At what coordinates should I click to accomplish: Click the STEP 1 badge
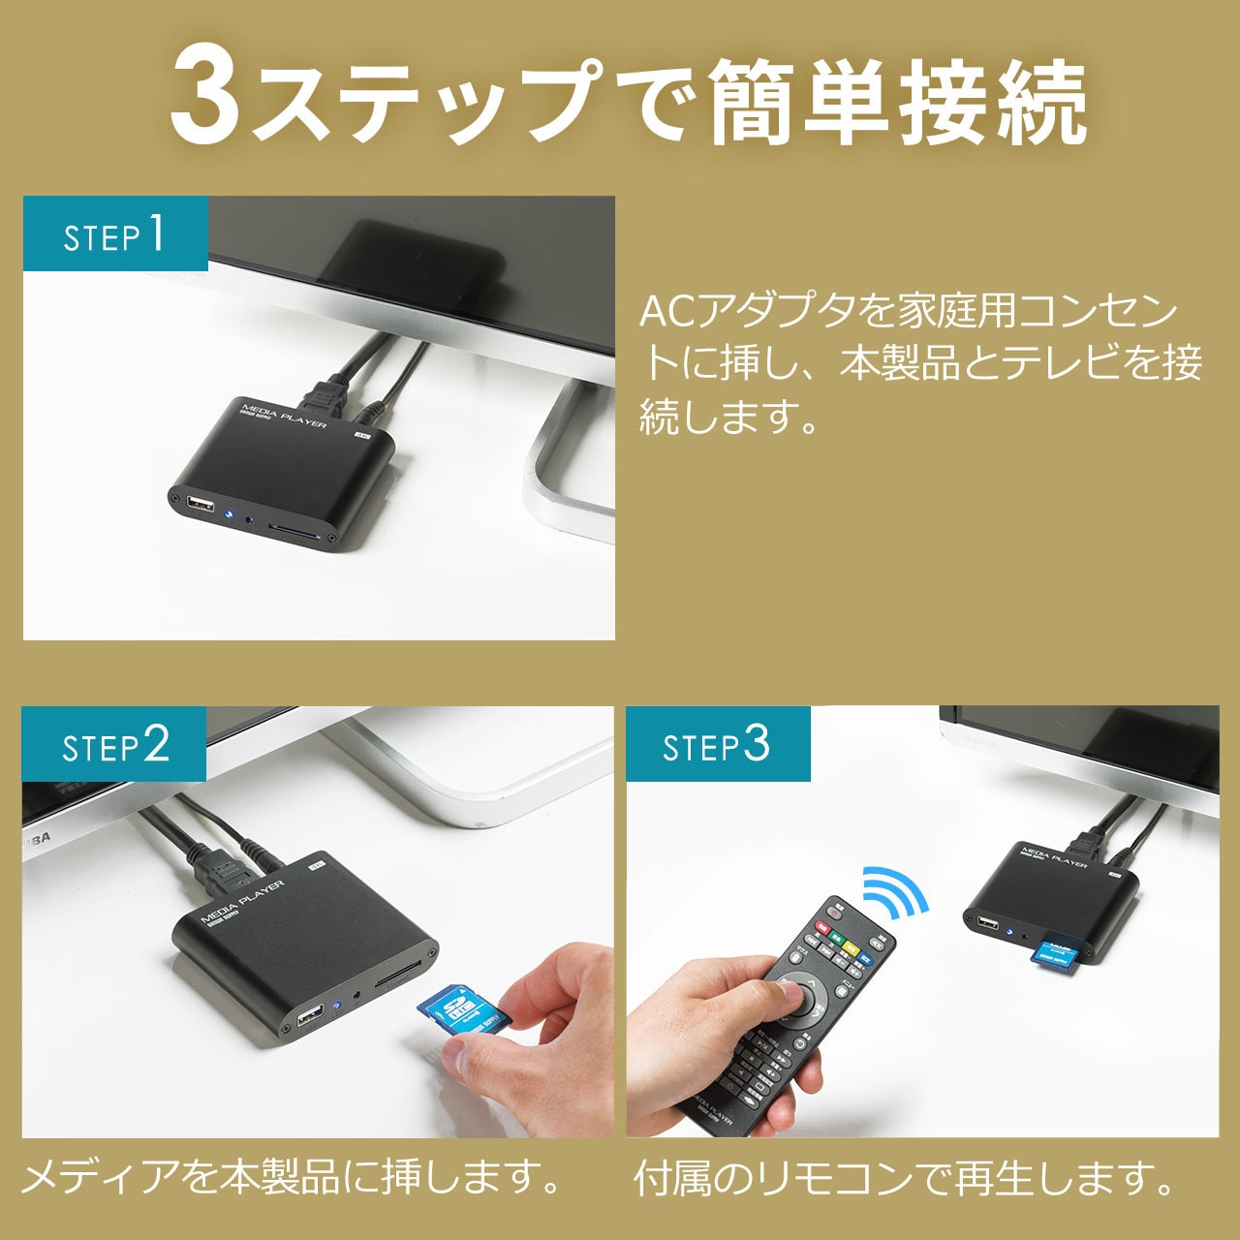pyautogui.click(x=115, y=234)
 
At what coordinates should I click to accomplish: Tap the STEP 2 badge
pyautogui.click(x=114, y=744)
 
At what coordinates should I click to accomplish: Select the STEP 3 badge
pyautogui.click(x=717, y=744)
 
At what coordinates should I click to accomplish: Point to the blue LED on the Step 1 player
pyautogui.click(x=230, y=515)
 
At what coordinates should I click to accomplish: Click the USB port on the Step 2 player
pyautogui.click(x=310, y=1017)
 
